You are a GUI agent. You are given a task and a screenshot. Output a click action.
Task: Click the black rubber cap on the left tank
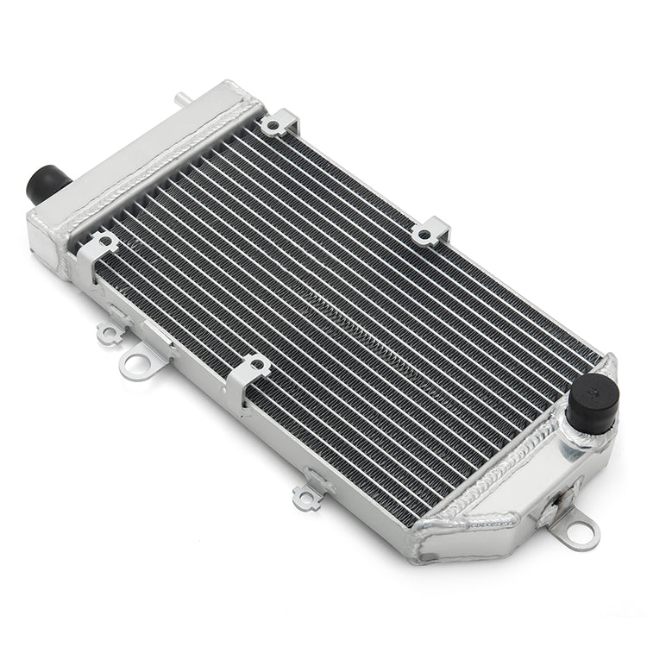point(48,184)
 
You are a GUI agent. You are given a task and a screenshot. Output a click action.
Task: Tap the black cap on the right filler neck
point(593,402)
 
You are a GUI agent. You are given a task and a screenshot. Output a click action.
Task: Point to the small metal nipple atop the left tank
point(181,99)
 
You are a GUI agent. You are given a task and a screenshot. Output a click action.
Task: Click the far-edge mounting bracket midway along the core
point(430,231)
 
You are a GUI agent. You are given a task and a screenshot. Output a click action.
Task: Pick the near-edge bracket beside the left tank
point(97,247)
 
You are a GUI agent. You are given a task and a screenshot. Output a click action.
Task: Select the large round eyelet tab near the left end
point(136,363)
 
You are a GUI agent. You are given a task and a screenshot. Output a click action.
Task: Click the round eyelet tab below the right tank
point(578,530)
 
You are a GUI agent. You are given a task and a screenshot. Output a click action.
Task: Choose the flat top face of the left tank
point(142,138)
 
